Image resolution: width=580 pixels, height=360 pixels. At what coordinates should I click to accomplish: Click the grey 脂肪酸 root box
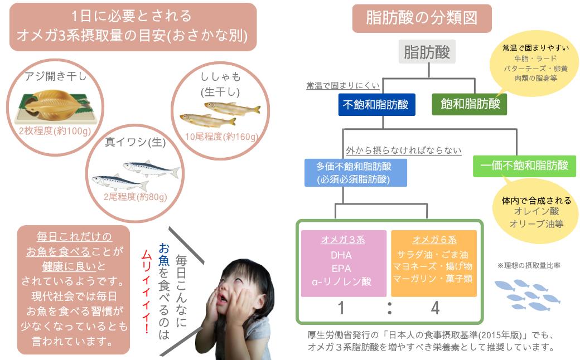tap(427, 52)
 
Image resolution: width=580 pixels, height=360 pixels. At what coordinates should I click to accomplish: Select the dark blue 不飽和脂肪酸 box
tap(376, 105)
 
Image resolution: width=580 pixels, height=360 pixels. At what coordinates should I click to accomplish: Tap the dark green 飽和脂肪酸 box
tap(470, 104)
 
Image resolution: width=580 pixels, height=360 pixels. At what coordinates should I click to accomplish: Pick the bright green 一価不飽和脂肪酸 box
tap(525, 166)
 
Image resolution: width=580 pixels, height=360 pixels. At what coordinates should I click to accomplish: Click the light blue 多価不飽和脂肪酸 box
tap(355, 173)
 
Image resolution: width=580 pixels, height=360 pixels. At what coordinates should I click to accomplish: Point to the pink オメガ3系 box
tap(344, 263)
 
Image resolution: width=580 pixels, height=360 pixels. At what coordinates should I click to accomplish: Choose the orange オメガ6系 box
tap(434, 263)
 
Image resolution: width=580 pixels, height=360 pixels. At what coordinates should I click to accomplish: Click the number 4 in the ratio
tap(435, 308)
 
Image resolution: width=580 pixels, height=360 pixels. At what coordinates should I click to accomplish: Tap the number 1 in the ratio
tap(341, 308)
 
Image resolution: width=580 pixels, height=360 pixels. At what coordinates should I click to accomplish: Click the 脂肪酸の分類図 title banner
tap(422, 18)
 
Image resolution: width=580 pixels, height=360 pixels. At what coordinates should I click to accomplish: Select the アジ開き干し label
tap(55, 76)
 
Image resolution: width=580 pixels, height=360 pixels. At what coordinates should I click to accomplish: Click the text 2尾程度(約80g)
tap(136, 197)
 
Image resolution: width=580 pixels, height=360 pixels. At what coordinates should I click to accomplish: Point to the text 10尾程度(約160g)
tap(221, 137)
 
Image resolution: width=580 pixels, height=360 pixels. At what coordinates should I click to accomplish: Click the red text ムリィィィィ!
tap(147, 292)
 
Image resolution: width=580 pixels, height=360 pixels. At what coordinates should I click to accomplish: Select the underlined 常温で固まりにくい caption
tap(343, 86)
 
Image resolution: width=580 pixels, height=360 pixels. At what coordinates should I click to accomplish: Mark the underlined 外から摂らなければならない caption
tap(404, 150)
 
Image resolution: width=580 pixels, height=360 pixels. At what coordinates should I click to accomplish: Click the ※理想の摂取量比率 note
tap(529, 265)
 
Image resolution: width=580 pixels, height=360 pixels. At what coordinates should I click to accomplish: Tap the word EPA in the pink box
tap(341, 269)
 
